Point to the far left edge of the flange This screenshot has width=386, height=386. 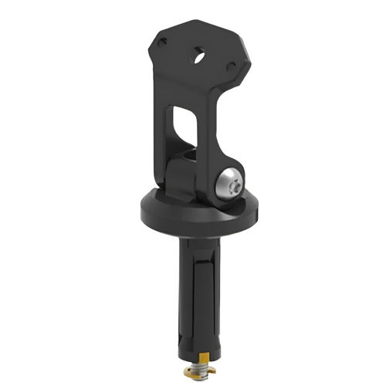(x=142, y=208)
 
